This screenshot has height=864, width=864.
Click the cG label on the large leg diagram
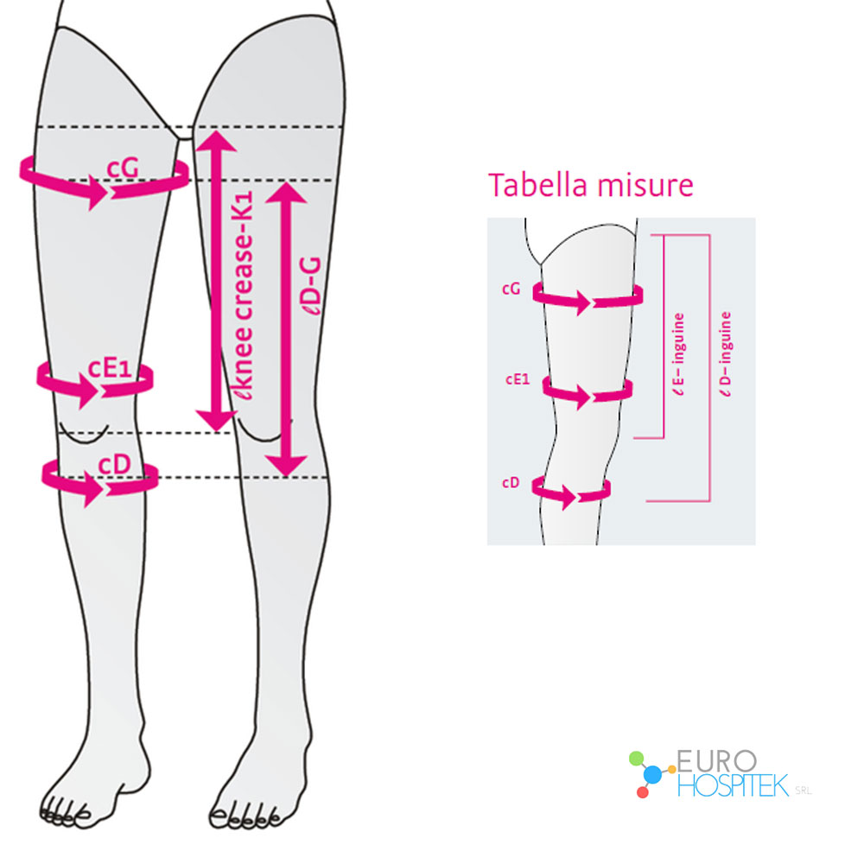[x=123, y=168]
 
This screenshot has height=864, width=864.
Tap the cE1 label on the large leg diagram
[x=111, y=368]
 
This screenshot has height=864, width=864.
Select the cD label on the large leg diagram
[x=115, y=465]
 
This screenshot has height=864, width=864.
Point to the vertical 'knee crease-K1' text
[x=243, y=295]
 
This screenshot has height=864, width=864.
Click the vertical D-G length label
[x=313, y=285]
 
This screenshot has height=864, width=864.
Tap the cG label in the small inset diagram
[x=511, y=289]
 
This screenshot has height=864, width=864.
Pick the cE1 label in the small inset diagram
[x=518, y=379]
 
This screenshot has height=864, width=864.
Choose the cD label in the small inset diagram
[x=511, y=483]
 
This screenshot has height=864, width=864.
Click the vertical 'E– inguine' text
[x=679, y=353]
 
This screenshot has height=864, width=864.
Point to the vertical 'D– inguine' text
[x=726, y=353]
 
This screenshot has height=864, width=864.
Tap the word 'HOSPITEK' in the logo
[x=733, y=785]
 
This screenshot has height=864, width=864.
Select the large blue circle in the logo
[x=652, y=773]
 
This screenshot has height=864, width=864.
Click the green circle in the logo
[x=637, y=758]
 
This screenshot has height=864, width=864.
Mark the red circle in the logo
[x=643, y=792]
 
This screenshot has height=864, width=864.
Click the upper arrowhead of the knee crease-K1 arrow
[x=217, y=141]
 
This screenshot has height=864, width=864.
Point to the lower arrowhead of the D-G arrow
[x=286, y=465]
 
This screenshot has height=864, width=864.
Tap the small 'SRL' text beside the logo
[x=803, y=791]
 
